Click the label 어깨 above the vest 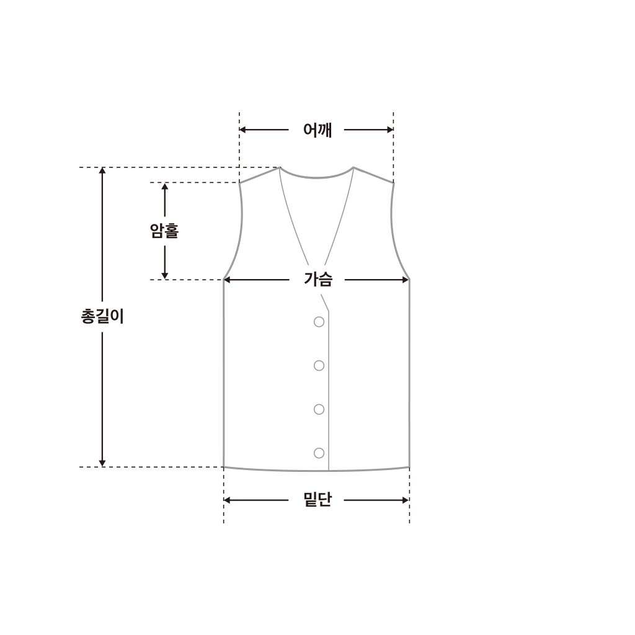coord(317,130)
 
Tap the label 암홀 coord(164,231)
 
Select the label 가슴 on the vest coord(318,280)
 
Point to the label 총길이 coord(102,316)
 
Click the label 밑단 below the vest coord(317,500)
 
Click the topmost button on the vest coord(319,322)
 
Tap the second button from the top coord(319,366)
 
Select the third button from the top coord(319,409)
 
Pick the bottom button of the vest coord(319,453)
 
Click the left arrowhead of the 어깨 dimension coord(242,130)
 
